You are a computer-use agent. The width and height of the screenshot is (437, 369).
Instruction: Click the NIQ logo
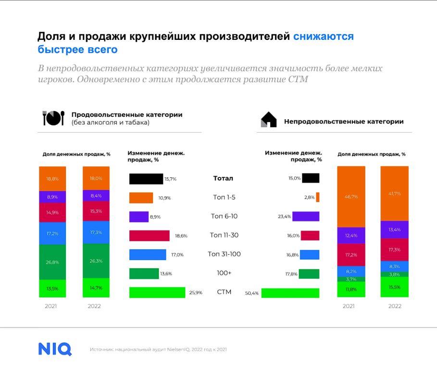click(x=55, y=349)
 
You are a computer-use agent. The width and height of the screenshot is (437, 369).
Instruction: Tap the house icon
click(x=269, y=120)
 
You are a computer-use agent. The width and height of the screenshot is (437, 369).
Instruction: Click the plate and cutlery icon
click(x=53, y=118)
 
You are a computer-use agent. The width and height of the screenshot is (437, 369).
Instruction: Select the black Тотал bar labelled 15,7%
click(x=146, y=179)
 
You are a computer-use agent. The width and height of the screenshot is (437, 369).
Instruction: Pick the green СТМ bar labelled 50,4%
click(x=290, y=293)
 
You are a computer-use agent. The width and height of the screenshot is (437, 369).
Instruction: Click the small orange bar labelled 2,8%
click(x=318, y=197)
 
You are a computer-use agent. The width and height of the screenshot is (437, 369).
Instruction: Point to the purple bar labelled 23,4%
click(x=306, y=216)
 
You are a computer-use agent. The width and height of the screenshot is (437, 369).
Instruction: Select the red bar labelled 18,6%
click(x=150, y=235)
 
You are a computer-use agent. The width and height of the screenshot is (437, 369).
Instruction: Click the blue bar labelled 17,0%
click(x=148, y=255)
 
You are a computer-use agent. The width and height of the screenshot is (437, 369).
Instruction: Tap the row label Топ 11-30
click(x=224, y=235)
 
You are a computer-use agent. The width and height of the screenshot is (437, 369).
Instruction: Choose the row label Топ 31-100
click(x=224, y=254)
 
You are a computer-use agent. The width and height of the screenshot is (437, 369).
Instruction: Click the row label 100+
click(x=224, y=273)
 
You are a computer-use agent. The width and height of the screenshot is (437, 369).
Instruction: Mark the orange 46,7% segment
click(x=351, y=197)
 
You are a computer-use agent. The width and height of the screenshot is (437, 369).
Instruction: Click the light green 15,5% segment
click(x=395, y=287)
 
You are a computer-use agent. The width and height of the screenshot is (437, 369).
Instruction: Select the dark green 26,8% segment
click(x=52, y=262)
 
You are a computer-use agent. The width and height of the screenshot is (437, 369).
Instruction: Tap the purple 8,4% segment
click(x=96, y=196)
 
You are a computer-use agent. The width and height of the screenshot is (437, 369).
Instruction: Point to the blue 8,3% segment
click(x=395, y=267)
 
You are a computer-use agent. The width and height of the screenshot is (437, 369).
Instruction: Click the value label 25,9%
click(x=196, y=293)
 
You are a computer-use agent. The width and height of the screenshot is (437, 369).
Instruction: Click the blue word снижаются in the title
click(x=323, y=37)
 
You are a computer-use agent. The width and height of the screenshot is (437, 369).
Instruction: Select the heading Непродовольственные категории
click(x=344, y=122)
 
